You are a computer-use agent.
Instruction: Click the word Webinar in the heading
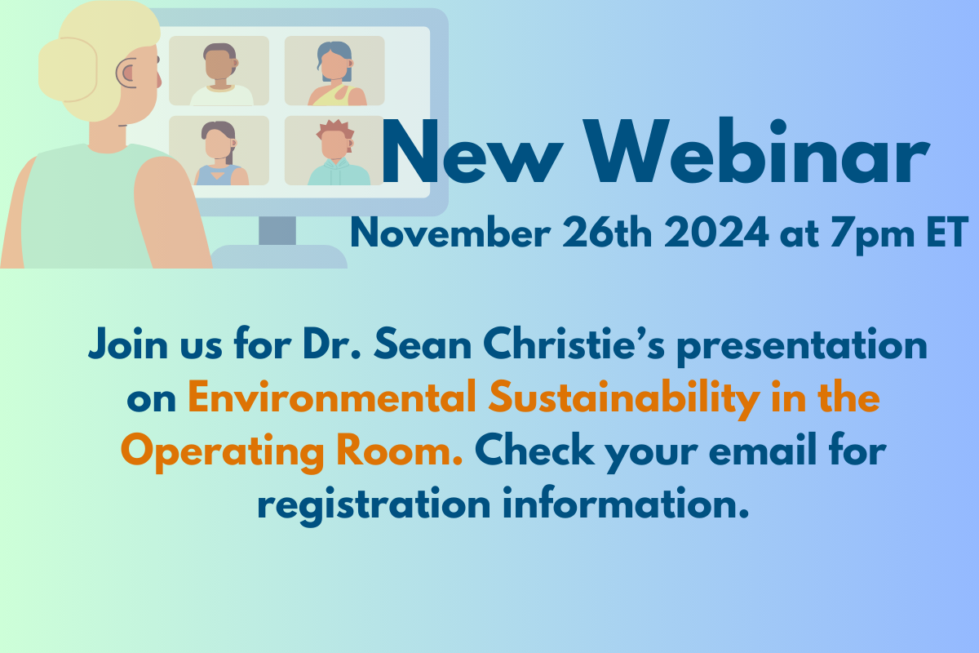[756, 151]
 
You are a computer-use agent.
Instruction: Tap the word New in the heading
[472, 151]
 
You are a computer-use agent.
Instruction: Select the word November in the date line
[450, 233]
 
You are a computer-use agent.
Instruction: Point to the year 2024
[716, 233]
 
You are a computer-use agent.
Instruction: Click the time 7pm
[872, 235]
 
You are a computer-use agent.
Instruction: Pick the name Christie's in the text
[574, 344]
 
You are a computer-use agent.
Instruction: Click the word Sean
[423, 344]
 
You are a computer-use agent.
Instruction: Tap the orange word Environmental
[332, 397]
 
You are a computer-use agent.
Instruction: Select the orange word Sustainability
[624, 399]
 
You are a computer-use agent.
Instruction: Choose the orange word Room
[400, 450]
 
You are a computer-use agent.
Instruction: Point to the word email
[763, 450]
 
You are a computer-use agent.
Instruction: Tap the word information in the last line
[626, 503]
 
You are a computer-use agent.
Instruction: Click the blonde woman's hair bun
[68, 70]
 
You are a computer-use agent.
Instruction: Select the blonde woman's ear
[126, 73]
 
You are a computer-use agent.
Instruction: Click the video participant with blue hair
[335, 73]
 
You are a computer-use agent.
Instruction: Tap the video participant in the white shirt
[221, 74]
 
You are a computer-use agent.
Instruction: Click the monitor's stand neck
[277, 231]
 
